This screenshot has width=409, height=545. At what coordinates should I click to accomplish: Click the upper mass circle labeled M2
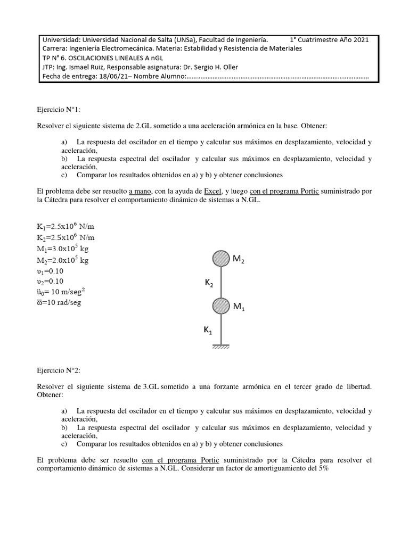click(x=221, y=259)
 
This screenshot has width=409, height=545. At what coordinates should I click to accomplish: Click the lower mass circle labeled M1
click(x=221, y=306)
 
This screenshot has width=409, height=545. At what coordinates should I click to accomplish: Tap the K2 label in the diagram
click(x=209, y=284)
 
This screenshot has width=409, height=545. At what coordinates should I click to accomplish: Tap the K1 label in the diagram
click(x=208, y=331)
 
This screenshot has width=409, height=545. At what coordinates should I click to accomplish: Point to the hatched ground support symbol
click(x=221, y=347)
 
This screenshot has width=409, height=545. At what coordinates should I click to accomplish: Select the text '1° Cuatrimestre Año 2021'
click(x=329, y=39)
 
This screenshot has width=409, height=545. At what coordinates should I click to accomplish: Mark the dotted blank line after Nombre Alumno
click(x=277, y=77)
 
